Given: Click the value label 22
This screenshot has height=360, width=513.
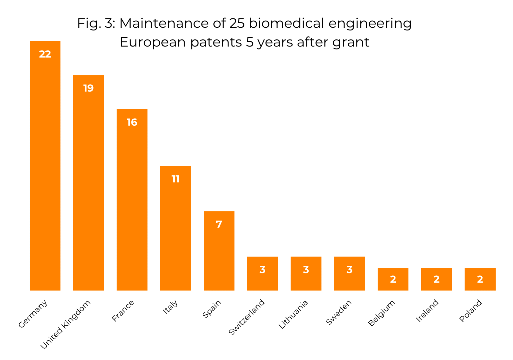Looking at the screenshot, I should click(45, 54).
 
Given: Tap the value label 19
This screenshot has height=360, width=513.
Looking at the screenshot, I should click(89, 88).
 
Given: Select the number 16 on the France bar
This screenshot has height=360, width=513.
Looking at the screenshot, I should click(132, 122).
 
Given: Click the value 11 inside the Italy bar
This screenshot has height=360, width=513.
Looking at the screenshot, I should click(175, 179).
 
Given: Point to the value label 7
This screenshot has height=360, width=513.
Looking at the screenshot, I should click(219, 224).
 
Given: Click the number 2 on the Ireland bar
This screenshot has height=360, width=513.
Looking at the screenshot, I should click(437, 279).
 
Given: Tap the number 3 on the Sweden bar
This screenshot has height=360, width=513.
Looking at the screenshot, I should click(349, 270).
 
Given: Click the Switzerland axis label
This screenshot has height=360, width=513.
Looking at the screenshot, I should click(246, 317).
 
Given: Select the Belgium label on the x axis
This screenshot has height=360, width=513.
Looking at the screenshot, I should click(381, 313).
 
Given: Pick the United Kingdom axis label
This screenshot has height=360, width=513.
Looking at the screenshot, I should click(65, 324).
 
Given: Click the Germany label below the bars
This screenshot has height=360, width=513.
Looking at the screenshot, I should click(33, 314).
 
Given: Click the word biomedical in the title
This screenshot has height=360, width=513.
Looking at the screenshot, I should click(286, 23).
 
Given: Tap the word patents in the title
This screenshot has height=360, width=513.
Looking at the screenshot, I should click(216, 42).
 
